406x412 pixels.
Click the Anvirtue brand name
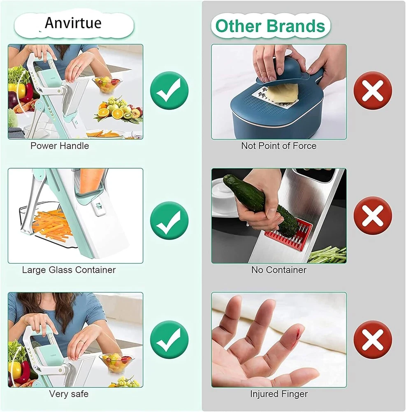coord(73,23)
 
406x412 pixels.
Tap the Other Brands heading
coord(270,26)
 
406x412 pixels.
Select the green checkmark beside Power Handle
coord(169,90)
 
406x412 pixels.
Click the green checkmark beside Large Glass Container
coord(169,220)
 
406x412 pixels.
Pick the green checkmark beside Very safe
coord(169,339)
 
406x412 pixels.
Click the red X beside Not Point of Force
coord(373,90)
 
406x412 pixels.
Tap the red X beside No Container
coord(373,216)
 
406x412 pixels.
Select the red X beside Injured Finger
coord(373,339)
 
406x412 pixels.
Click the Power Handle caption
coord(60,146)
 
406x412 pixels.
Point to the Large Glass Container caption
coord(69,270)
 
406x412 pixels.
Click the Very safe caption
coord(69,394)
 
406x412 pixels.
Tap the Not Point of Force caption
coord(279,146)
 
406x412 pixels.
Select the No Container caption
coord(279,270)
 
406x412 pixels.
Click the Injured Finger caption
coord(279,394)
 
